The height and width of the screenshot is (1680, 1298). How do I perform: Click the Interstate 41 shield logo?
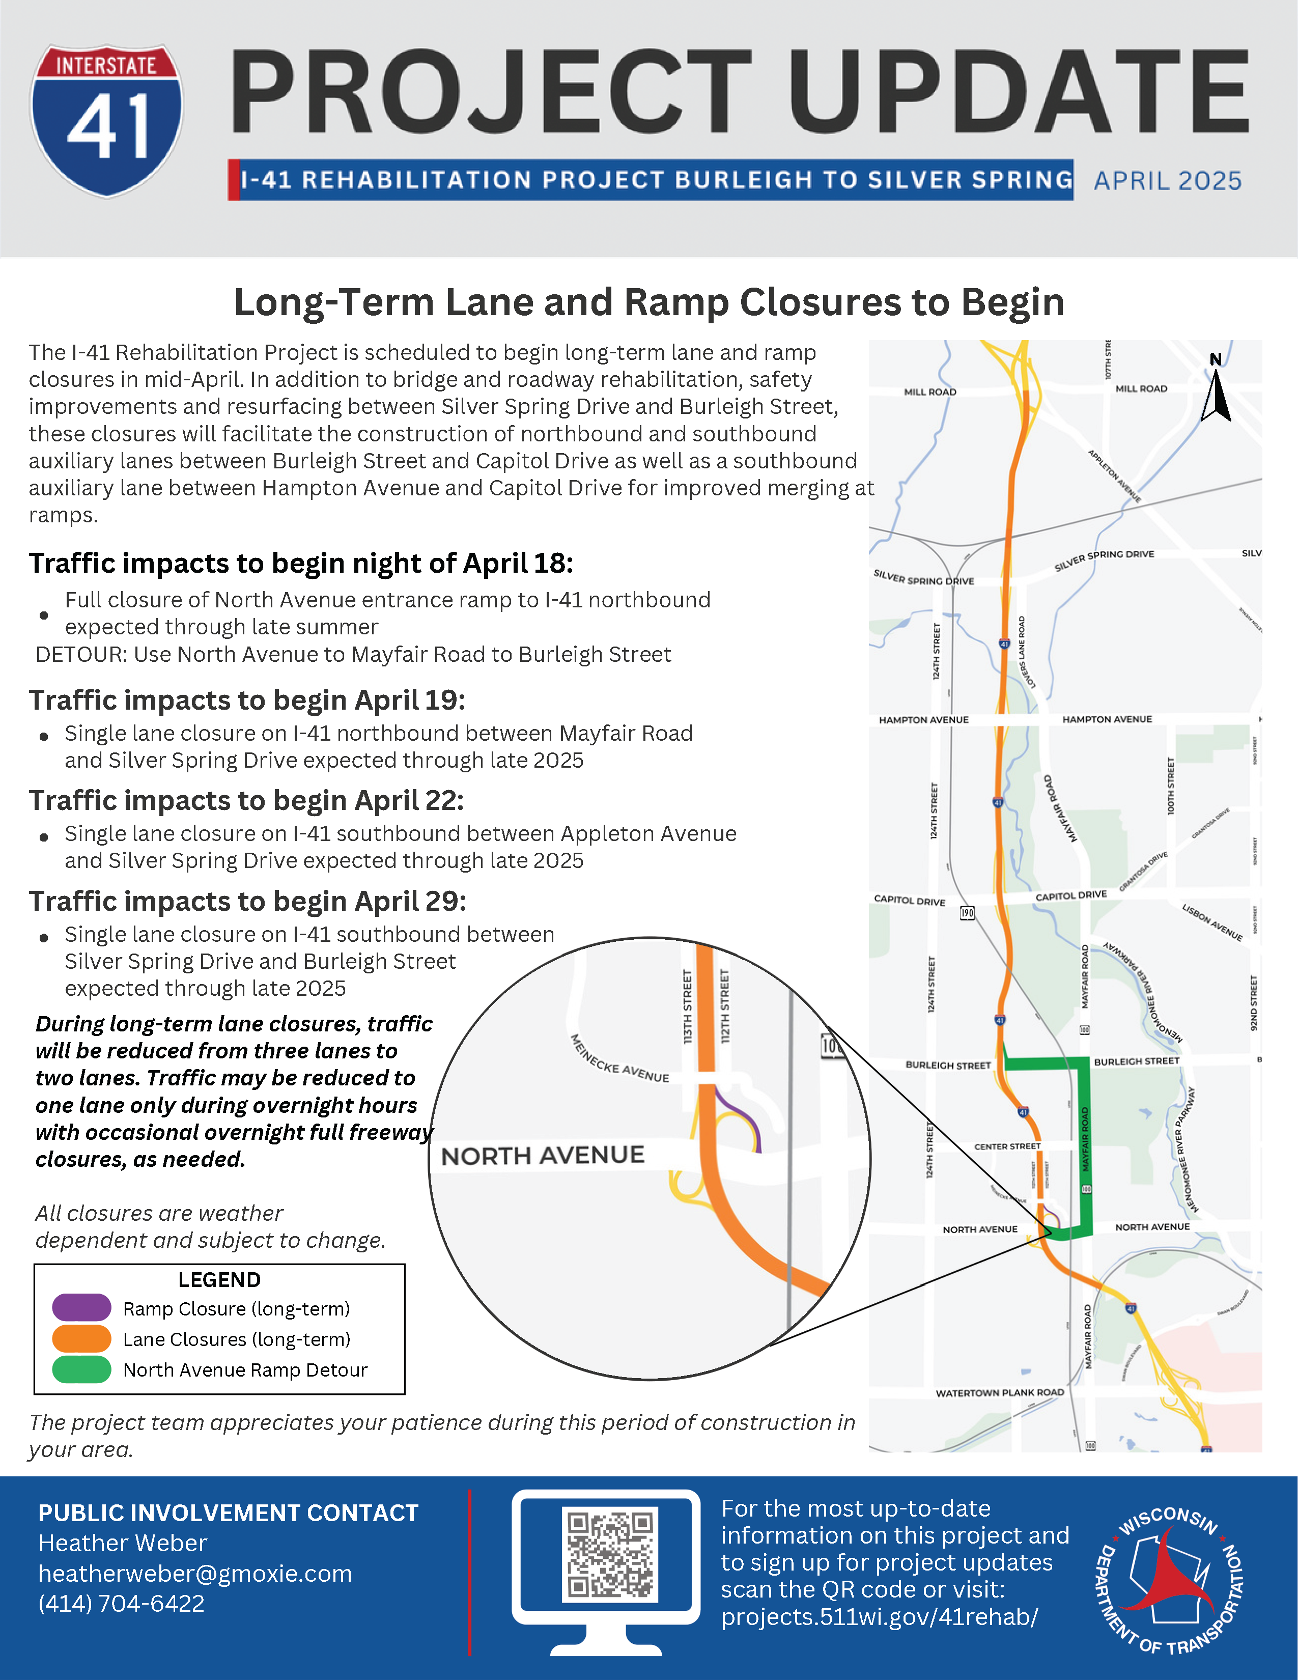coord(107,121)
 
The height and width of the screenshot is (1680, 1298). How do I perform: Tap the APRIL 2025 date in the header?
coord(1167,181)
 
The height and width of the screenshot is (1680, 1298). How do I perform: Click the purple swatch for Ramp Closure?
coord(81,1308)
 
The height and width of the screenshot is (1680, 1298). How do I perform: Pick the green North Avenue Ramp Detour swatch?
coord(81,1370)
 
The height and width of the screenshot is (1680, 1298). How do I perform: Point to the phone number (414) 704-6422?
coord(122,1604)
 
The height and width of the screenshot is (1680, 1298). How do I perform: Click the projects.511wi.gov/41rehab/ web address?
coord(879,1617)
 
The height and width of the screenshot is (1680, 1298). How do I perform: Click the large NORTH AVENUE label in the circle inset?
coord(543,1156)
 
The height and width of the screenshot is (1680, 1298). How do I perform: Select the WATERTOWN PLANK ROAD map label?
coord(1000,1393)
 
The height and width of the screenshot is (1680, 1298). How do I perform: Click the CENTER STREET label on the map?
coord(1007,1146)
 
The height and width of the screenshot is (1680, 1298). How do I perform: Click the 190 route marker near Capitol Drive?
coord(967,913)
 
